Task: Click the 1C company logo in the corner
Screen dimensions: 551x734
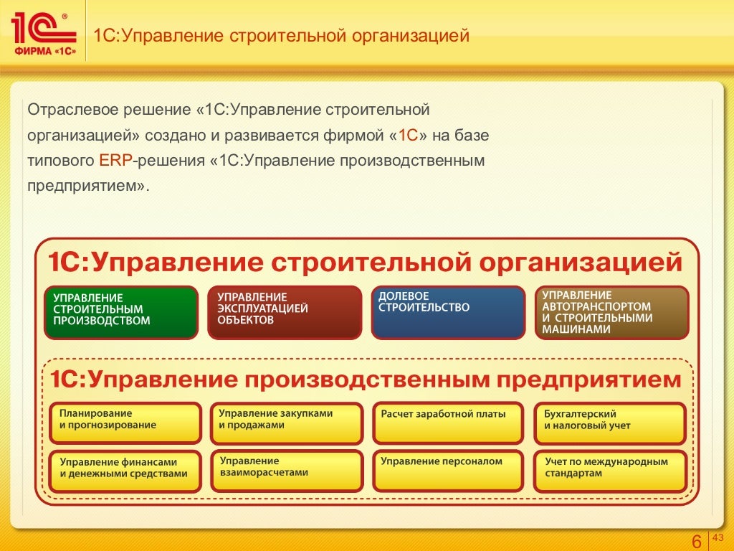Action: point(43,32)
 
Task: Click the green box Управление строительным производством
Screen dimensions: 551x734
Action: point(121,312)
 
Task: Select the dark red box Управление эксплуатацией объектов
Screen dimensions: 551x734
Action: point(284,312)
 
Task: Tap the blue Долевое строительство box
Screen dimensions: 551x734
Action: point(447,312)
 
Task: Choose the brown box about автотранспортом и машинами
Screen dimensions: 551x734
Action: point(611,312)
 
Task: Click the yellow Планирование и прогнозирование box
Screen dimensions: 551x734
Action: point(125,423)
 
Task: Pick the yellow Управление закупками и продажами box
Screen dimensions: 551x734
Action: point(286,423)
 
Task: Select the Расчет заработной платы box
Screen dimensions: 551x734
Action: point(448,423)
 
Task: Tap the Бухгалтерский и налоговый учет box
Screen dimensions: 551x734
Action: point(610,423)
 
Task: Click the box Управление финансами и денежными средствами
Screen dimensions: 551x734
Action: point(125,471)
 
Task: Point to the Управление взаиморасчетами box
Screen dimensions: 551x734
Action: point(286,471)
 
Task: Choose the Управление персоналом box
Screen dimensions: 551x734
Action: point(448,471)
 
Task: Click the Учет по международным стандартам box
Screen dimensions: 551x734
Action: point(610,471)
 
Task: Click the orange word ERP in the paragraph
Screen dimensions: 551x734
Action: point(115,160)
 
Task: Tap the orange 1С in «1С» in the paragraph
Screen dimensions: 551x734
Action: point(408,135)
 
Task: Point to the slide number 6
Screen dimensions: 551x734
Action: point(695,542)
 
